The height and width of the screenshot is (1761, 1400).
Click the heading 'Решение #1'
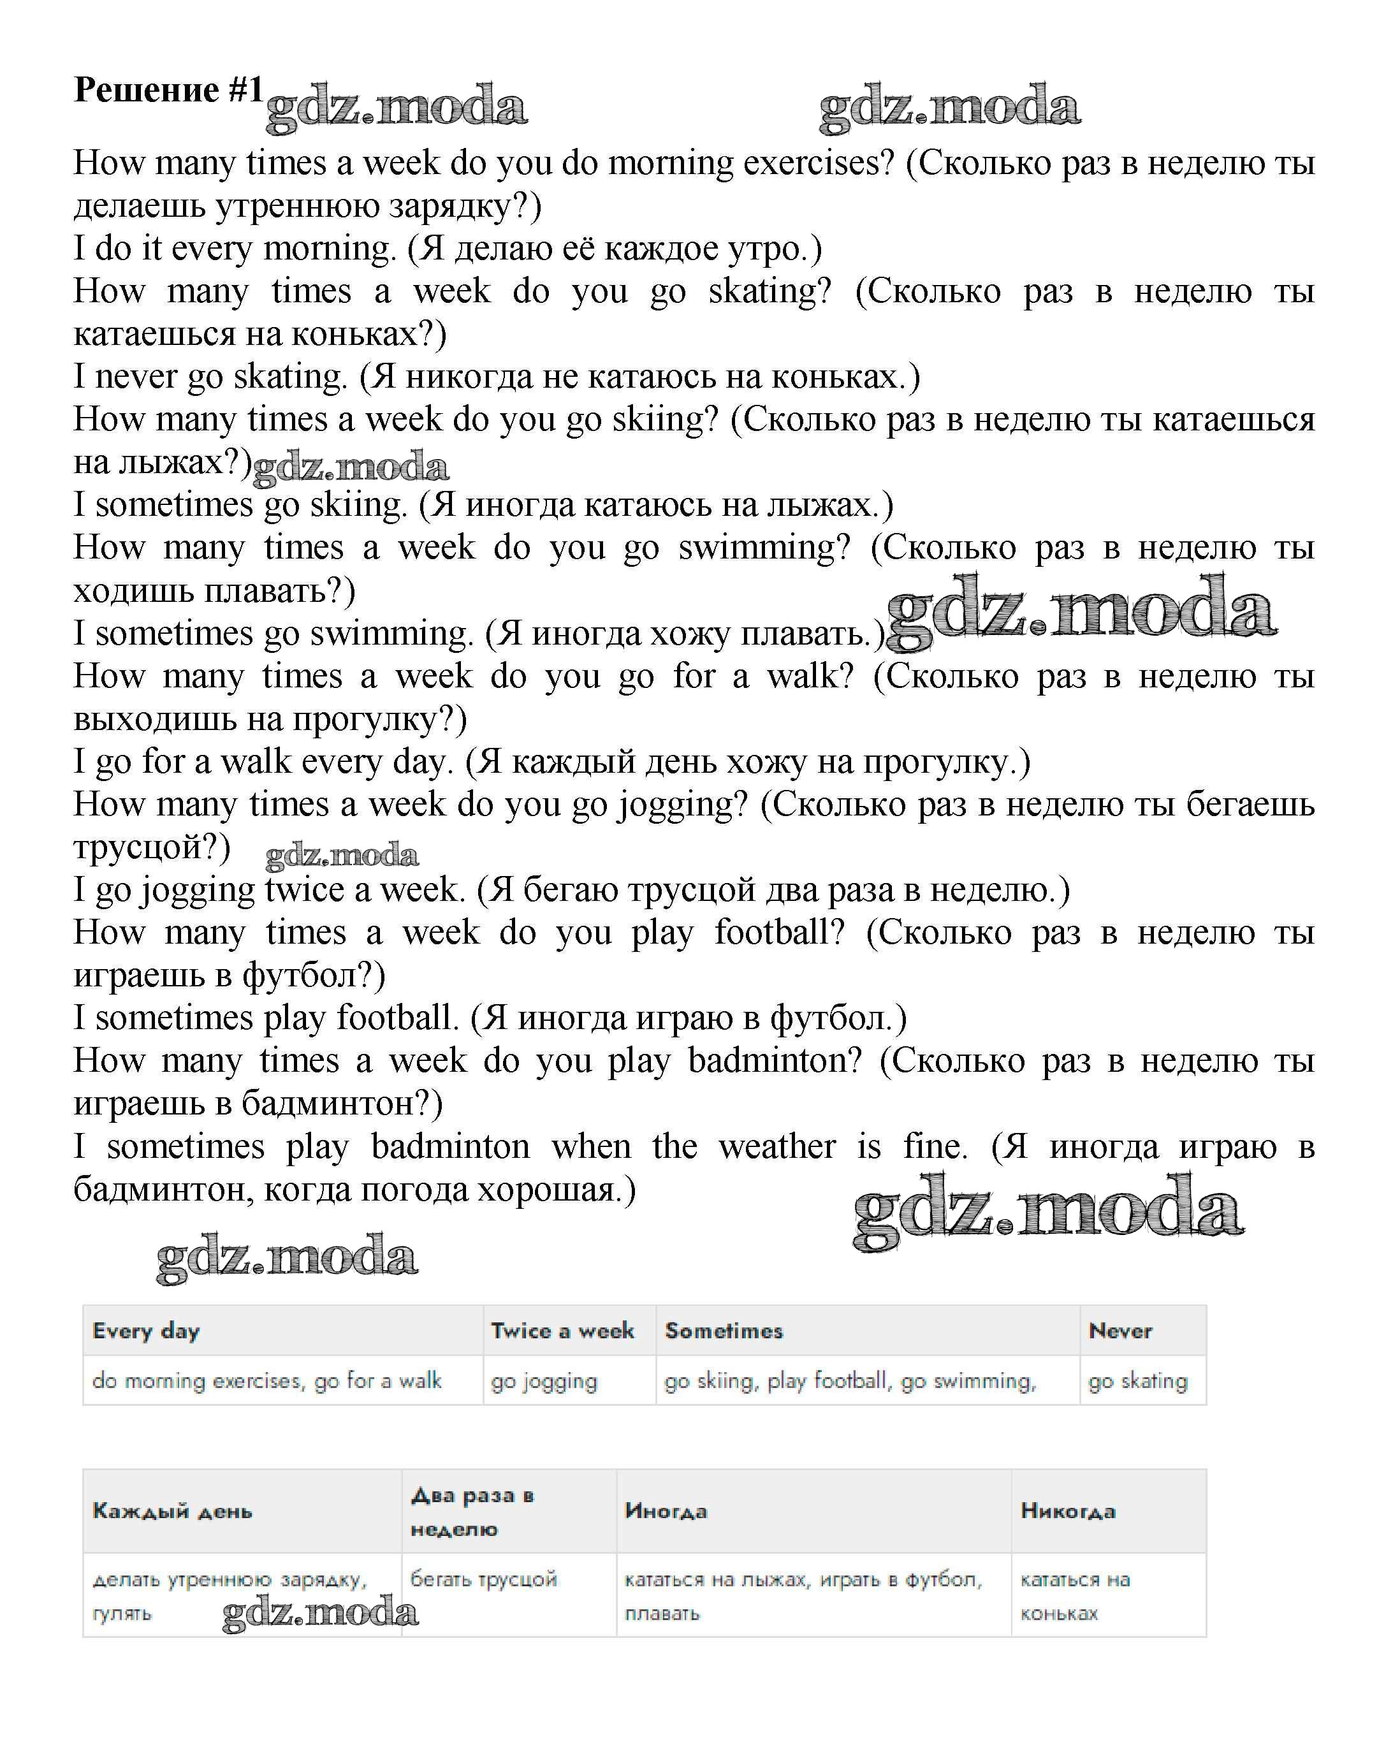[x=168, y=90]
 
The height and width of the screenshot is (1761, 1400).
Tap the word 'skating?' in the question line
[x=769, y=291]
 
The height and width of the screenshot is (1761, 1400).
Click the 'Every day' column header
[x=146, y=1331]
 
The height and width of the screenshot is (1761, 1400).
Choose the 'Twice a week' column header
[x=562, y=1331]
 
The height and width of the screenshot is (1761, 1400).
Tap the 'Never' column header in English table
[x=1120, y=1331]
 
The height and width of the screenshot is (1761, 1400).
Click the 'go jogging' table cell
[x=544, y=1381]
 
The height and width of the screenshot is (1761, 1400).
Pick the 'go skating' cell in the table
[x=1137, y=1381]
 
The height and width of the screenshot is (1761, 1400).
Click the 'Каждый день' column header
[x=172, y=1511]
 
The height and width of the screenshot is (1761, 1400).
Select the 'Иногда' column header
[x=666, y=1511]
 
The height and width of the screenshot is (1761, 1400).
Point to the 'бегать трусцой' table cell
[x=483, y=1579]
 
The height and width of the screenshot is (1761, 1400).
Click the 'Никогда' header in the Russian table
[x=1068, y=1511]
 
